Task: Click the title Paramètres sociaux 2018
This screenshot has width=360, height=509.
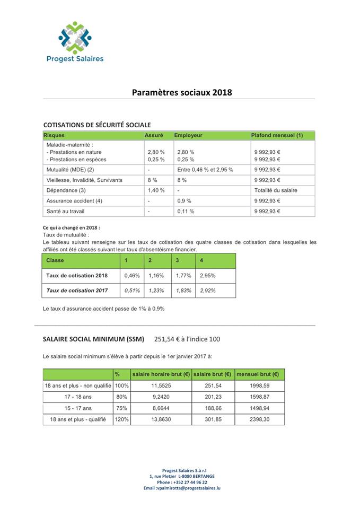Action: click(182, 92)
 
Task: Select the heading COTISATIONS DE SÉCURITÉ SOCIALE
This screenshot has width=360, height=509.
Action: click(97, 125)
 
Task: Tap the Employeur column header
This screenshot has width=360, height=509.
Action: click(188, 135)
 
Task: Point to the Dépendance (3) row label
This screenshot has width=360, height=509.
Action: click(66, 190)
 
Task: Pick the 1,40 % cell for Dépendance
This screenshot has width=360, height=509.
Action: click(156, 190)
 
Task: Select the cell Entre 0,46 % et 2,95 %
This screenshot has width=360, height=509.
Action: click(205, 170)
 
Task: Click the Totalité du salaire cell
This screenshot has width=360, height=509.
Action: click(276, 190)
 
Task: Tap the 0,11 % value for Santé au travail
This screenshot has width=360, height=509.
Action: click(186, 211)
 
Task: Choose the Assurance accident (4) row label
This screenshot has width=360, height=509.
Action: click(74, 201)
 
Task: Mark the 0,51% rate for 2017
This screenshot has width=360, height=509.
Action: click(131, 291)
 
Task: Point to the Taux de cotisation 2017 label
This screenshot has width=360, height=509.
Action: click(77, 291)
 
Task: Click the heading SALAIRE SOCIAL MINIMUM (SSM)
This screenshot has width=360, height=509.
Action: click(93, 339)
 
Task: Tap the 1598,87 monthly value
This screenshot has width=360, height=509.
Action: click(259, 397)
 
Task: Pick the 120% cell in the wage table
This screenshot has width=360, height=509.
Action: click(121, 419)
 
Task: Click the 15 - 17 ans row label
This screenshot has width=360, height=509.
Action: click(78, 408)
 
